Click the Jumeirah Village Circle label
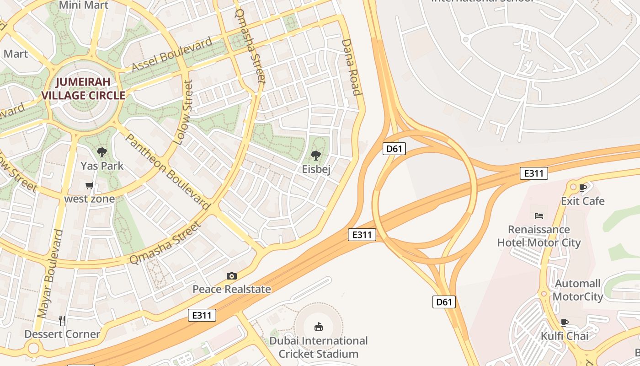coord(83,89)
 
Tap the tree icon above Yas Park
coord(102,152)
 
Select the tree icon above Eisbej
coord(315,156)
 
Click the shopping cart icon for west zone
coord(89,186)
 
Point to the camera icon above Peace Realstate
coord(232,276)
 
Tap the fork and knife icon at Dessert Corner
coord(62,320)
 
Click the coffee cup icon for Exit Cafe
coord(582,188)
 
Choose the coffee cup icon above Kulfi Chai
coord(565,323)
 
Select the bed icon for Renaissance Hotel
coord(539,215)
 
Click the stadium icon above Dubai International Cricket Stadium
coord(318,327)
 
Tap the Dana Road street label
coord(352,67)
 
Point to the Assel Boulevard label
coord(172,54)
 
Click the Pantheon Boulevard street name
coord(168,171)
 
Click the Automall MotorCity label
coord(578,290)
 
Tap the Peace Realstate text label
coord(232,289)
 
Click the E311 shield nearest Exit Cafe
coord(533,173)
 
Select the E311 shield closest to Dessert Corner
coord(202,315)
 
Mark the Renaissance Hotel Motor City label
coord(539,236)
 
